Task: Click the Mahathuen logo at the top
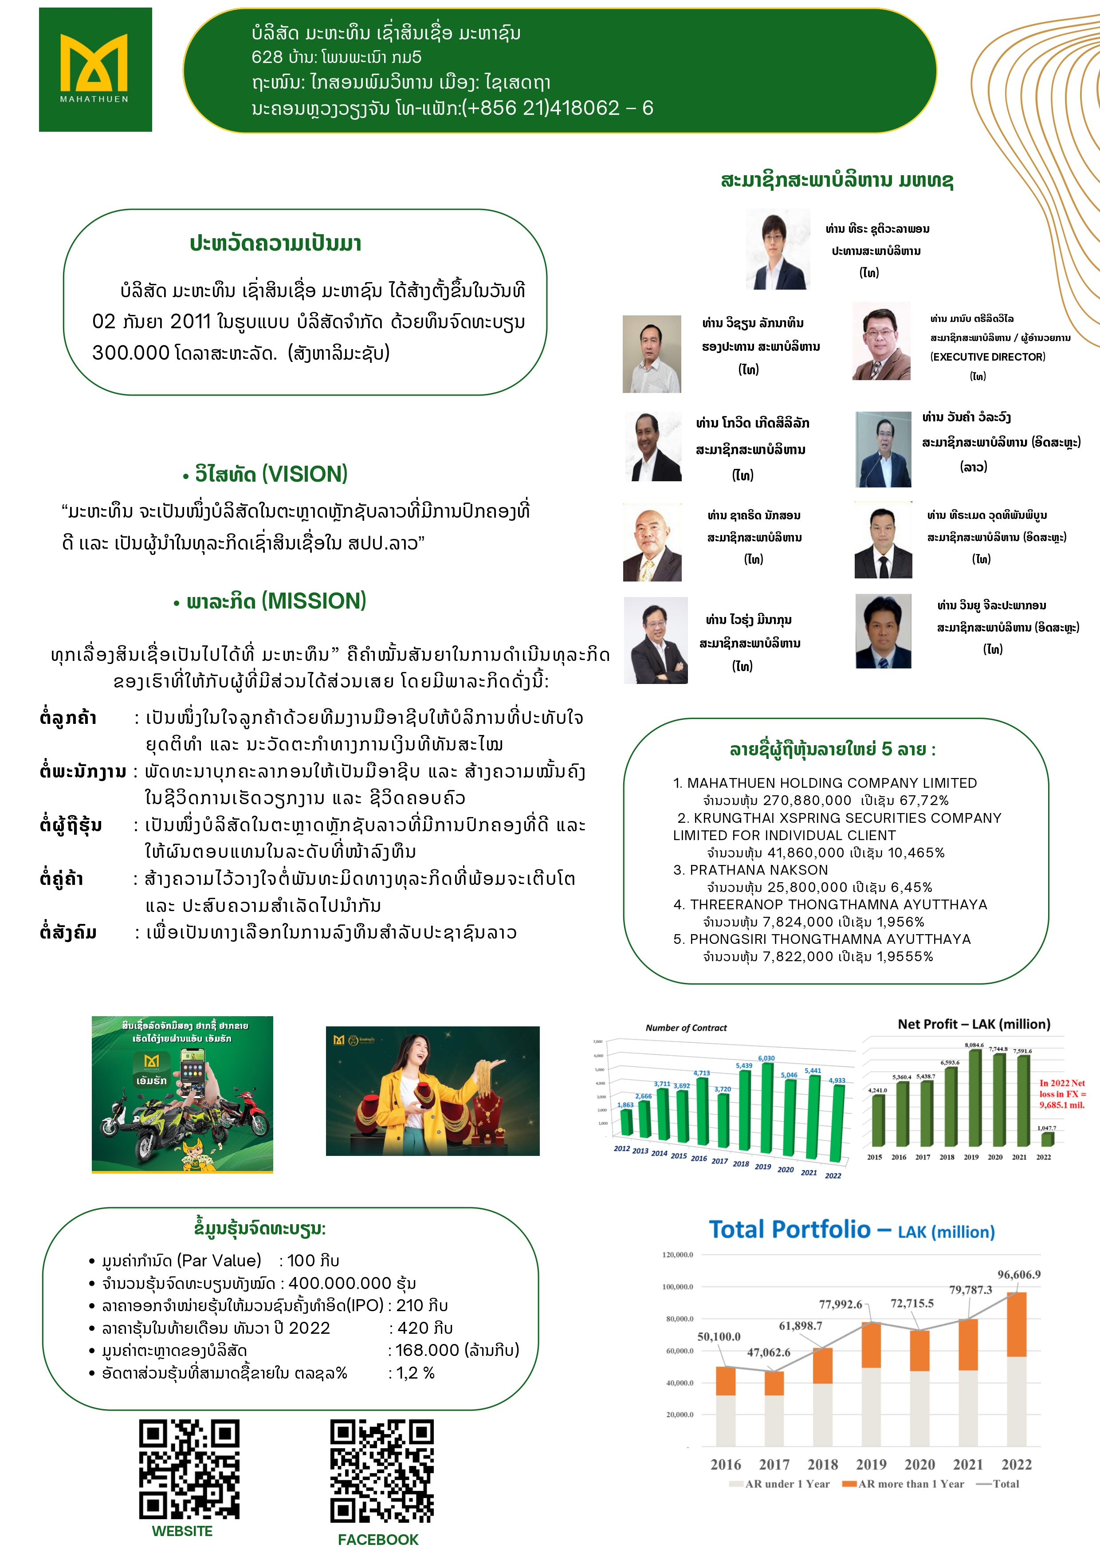95,69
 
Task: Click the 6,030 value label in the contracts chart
766,1058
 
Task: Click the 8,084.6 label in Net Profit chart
974,1045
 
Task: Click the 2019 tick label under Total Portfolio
871,1465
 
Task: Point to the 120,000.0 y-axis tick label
677,1254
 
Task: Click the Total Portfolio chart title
851,1230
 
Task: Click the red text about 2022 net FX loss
1061,1094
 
